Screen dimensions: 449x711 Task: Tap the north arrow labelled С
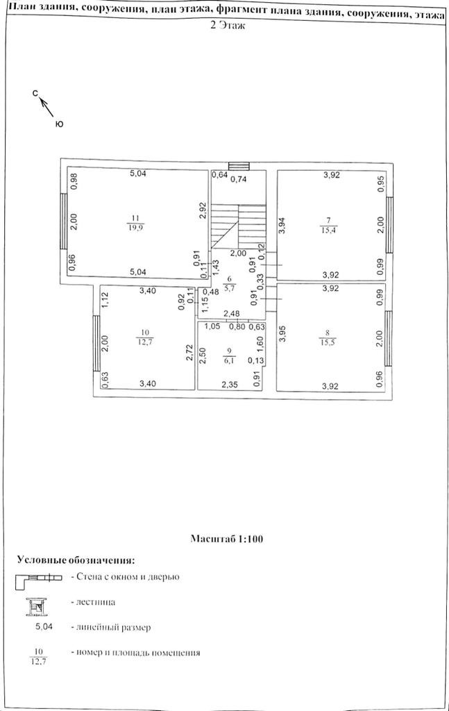(x=35, y=92)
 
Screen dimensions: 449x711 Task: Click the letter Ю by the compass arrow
(x=59, y=124)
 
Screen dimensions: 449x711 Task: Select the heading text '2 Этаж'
(x=226, y=25)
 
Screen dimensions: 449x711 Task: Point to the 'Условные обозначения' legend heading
(x=75, y=560)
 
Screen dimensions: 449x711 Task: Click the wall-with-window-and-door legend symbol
(x=41, y=578)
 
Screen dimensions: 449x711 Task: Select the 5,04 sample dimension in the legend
(x=45, y=627)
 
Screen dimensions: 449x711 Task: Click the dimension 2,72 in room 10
(x=189, y=351)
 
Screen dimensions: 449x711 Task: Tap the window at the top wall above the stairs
(x=239, y=165)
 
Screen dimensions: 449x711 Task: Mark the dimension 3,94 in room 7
(x=282, y=226)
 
